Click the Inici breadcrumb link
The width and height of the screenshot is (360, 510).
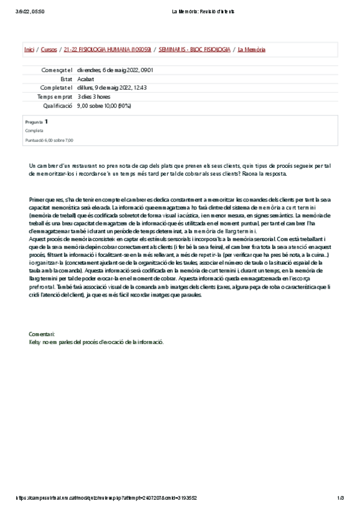point(28,49)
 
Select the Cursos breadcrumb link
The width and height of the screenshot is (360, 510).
point(49,49)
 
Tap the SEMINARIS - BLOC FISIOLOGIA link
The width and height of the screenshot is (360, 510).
point(194,49)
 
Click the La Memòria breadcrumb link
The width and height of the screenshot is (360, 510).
point(251,49)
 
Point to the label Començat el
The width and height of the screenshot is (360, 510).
point(57,70)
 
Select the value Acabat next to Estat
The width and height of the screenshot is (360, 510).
point(85,79)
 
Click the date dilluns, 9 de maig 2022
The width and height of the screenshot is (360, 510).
point(112,87)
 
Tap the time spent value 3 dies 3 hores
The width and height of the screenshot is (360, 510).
point(94,96)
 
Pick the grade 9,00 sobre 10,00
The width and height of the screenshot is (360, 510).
point(104,105)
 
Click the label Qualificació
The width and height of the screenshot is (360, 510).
point(58,105)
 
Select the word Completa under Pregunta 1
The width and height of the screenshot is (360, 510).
point(34,131)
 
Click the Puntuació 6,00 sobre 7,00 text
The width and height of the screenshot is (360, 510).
point(49,140)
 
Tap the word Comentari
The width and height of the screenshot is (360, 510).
point(42,333)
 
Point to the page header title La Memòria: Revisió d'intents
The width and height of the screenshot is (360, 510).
point(203,11)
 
